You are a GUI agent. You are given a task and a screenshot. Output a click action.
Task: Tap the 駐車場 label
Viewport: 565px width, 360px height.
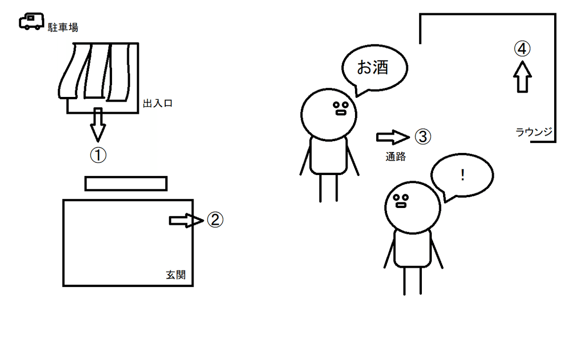63,28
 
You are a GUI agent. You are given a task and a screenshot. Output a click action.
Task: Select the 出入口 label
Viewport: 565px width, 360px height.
157,104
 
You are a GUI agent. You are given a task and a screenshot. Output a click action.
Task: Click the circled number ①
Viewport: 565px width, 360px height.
98,156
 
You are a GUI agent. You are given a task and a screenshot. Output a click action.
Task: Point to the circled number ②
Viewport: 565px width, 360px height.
214,220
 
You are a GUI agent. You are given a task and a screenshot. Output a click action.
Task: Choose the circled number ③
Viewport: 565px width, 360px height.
422,137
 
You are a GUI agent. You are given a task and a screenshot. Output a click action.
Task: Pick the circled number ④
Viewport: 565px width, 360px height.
522,48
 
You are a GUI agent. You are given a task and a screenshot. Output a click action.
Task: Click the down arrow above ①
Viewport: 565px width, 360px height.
98,124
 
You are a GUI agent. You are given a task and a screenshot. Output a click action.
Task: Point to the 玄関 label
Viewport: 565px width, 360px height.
176,274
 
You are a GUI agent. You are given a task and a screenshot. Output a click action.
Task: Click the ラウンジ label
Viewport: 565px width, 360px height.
534,132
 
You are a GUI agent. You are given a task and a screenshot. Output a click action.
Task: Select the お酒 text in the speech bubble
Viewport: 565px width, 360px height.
372,68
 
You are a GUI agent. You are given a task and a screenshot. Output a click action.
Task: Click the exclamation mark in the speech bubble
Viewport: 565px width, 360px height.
463,176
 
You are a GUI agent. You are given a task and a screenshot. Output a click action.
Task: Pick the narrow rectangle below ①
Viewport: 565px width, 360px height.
126,184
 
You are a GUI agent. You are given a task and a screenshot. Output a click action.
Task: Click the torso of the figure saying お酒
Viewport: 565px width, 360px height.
329,155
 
